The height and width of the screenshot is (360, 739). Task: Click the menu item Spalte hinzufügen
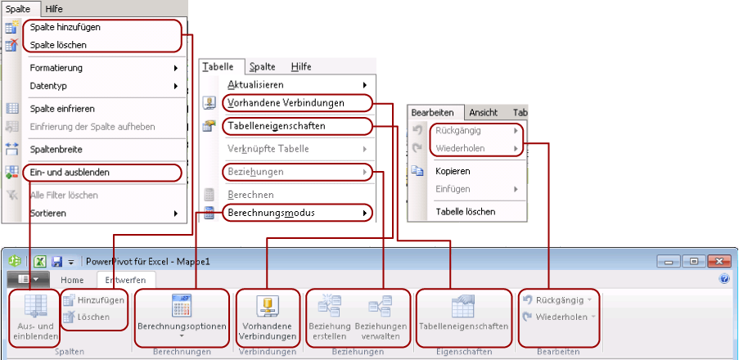click(x=65, y=27)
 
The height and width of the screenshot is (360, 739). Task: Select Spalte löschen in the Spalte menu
click(x=58, y=45)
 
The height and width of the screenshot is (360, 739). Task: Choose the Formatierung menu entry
click(x=56, y=68)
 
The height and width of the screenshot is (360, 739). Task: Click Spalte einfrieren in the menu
click(x=62, y=109)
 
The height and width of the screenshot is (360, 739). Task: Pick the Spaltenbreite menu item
click(x=56, y=150)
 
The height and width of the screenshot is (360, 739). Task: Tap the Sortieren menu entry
click(x=47, y=213)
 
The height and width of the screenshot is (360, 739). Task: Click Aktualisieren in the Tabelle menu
click(x=255, y=85)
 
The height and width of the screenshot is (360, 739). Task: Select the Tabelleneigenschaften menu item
click(x=276, y=126)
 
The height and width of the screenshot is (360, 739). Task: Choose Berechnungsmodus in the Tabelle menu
click(x=271, y=213)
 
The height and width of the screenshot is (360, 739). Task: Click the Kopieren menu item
click(x=453, y=171)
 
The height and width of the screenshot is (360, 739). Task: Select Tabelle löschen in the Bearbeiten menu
click(x=465, y=212)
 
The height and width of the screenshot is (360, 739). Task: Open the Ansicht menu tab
click(x=484, y=113)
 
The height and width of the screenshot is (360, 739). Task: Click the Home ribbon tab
click(x=72, y=280)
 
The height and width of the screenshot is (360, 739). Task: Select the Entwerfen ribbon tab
click(x=125, y=280)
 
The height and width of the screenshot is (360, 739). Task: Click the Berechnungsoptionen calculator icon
click(x=182, y=306)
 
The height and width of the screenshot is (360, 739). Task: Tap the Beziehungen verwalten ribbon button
click(x=381, y=317)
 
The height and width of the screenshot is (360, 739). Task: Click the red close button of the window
click(x=719, y=261)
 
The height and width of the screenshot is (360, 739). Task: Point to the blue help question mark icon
click(x=724, y=279)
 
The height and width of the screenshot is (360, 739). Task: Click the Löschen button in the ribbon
click(x=88, y=317)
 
